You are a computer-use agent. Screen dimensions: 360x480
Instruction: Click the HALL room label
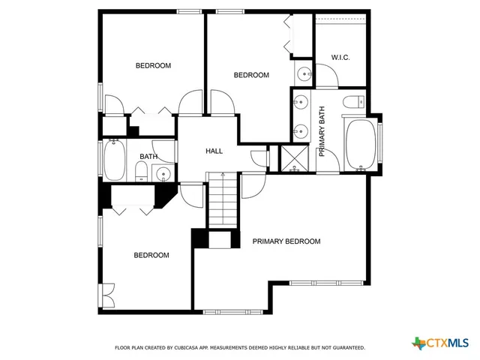tap(214, 151)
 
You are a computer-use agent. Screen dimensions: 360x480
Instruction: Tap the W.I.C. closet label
tap(340, 58)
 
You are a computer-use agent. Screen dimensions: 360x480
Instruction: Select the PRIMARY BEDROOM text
tap(286, 241)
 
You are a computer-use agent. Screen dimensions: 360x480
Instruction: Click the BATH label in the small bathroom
tap(148, 157)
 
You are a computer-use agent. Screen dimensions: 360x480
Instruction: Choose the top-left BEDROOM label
tap(153, 66)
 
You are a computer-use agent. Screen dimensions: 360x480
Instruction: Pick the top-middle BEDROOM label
tap(251, 75)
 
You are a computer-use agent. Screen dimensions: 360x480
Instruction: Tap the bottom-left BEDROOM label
tap(151, 255)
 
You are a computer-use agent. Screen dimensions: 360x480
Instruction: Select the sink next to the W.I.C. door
tap(303, 73)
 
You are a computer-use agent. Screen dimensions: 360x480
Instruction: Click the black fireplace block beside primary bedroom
tap(200, 238)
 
